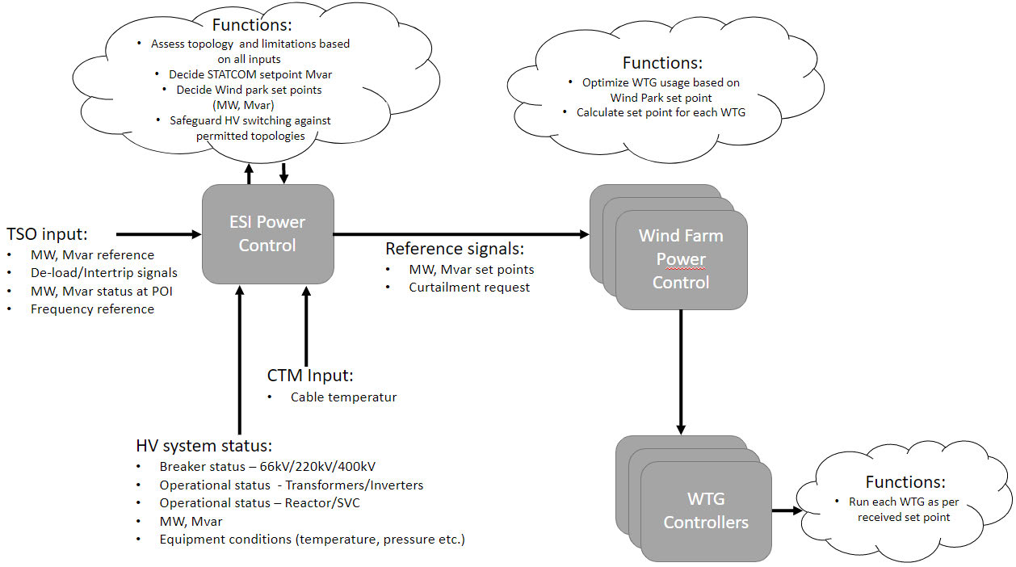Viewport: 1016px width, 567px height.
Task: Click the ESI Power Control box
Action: [267, 233]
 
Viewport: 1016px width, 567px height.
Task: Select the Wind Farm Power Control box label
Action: [681, 259]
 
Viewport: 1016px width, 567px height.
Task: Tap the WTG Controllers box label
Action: [706, 510]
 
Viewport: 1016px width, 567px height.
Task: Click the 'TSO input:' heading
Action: [47, 234]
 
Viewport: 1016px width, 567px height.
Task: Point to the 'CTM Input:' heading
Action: [310, 376]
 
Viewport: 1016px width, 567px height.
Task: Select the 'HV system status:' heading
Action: [204, 446]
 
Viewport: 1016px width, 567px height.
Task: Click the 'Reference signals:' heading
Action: [455, 249]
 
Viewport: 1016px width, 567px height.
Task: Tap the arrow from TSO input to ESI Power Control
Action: [159, 234]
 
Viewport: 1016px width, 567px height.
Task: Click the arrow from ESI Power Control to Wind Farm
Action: [461, 234]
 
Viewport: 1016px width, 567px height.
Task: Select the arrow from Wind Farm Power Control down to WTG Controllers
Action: [680, 372]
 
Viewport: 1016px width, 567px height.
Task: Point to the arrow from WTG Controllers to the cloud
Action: [787, 510]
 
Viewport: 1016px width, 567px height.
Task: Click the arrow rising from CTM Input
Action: [306, 325]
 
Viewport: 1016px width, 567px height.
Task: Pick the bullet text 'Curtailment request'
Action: [469, 288]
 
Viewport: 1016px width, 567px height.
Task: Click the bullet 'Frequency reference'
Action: [93, 309]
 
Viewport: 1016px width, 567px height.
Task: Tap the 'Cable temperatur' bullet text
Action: [343, 397]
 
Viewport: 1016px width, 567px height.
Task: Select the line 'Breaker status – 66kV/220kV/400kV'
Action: [267, 467]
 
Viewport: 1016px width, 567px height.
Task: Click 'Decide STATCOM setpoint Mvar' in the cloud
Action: [250, 74]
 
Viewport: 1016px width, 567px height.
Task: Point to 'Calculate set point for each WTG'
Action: [661, 112]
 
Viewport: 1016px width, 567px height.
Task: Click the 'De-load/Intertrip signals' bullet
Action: [104, 273]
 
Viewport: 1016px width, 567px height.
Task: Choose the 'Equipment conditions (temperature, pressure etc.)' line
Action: [312, 540]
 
